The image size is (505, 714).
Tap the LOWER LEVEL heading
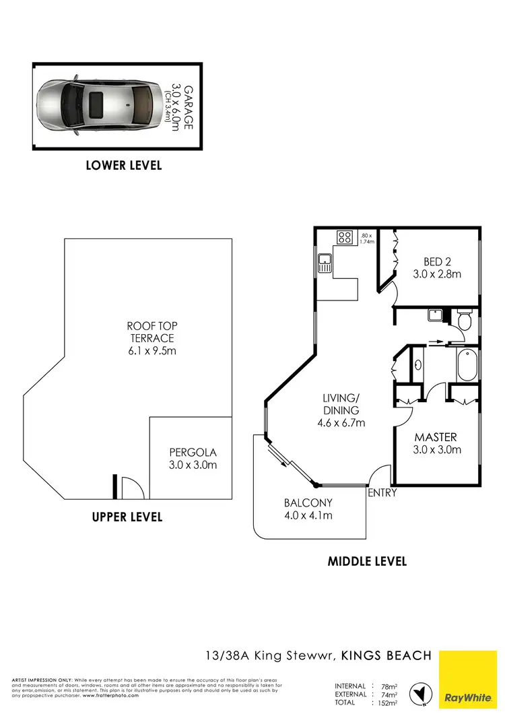[x=124, y=165]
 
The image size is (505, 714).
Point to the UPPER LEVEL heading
[x=127, y=517]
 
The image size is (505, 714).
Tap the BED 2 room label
[x=436, y=267]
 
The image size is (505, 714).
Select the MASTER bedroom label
[x=436, y=443]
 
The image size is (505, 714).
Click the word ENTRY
[x=382, y=493]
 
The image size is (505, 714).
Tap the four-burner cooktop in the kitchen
[x=345, y=237]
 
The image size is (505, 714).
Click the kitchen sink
[x=325, y=262]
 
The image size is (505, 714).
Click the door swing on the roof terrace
[x=133, y=488]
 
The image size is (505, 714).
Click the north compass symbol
[x=423, y=693]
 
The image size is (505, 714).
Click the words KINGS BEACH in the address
[x=386, y=655]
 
